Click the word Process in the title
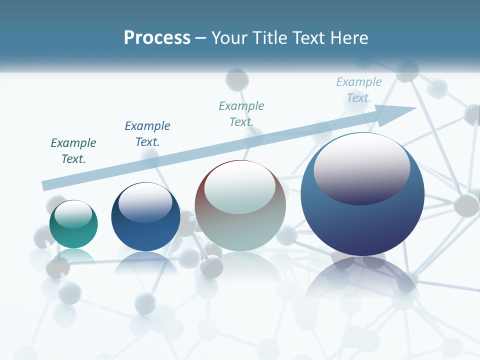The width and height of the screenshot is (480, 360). tap(157, 38)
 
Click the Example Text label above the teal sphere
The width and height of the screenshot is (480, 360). tap(73, 151)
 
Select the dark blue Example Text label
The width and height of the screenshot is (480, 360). tap(147, 134)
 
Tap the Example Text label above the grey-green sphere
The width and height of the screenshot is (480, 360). tap(241, 113)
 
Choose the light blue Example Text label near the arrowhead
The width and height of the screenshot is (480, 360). tap(359, 90)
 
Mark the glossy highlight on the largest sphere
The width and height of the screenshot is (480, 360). tap(361, 169)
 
